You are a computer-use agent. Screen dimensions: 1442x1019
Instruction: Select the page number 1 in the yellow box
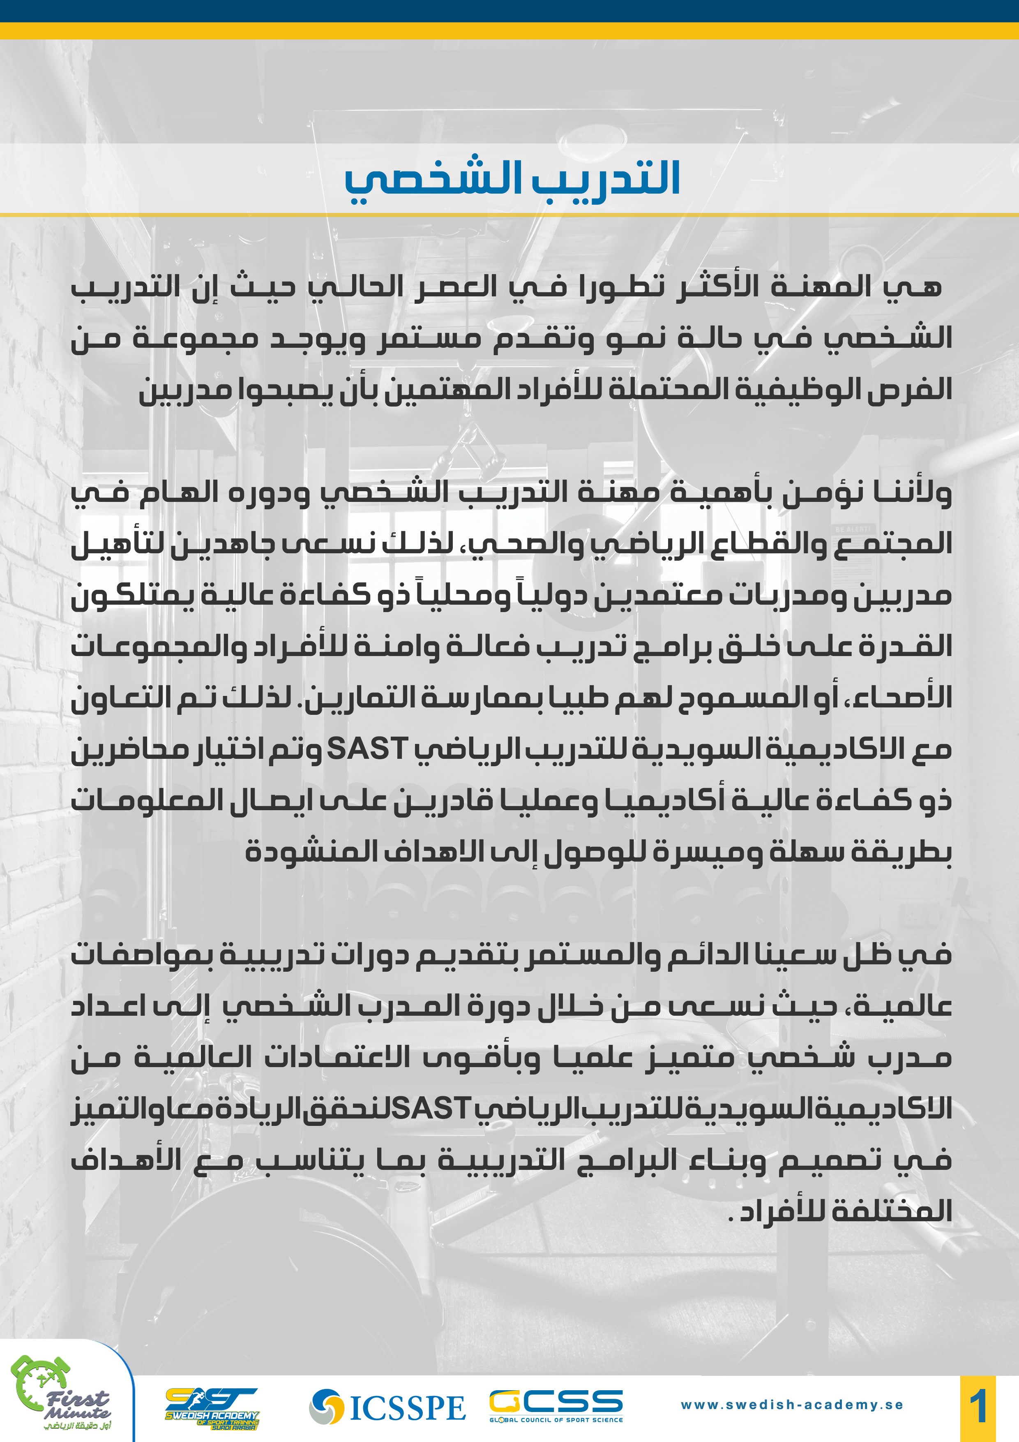(978, 1407)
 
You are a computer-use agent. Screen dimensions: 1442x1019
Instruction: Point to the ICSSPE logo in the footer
(387, 1407)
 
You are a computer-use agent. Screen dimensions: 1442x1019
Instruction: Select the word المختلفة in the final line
(892, 1210)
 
